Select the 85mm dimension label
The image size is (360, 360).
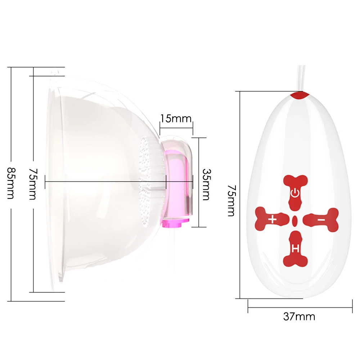(x=11, y=183)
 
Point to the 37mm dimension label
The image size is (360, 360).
(x=299, y=316)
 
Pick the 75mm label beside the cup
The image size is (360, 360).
(x=33, y=184)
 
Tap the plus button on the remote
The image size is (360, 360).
(x=272, y=219)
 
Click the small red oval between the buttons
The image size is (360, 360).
(x=295, y=220)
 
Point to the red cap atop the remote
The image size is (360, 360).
(x=299, y=95)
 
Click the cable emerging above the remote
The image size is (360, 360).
(x=301, y=77)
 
